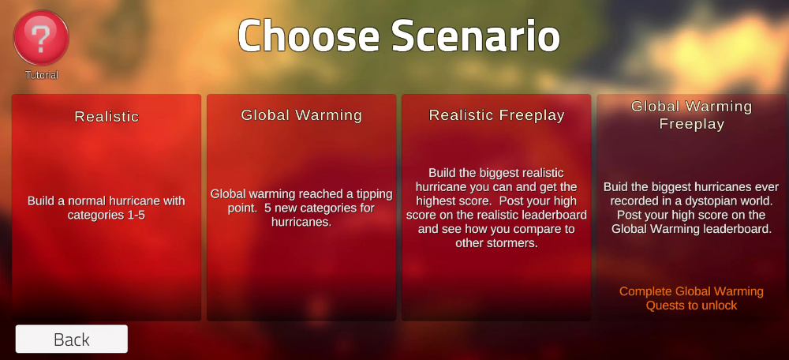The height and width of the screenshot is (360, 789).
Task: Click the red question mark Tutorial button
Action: pos(41,38)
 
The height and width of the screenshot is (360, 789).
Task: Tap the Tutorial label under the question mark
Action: pos(42,76)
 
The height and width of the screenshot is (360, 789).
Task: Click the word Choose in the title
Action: pos(308,36)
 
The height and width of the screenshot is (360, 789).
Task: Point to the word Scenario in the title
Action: pos(476,36)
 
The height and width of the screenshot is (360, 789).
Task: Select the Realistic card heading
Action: pos(107,117)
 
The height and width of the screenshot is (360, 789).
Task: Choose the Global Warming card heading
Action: pos(301,115)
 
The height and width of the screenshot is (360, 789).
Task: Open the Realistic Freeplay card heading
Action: pos(496,115)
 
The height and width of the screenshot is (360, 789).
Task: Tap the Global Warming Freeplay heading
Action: pos(691,115)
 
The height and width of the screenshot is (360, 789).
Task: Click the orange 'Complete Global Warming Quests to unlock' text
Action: pos(691,298)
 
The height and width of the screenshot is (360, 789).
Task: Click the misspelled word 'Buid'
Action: pos(615,187)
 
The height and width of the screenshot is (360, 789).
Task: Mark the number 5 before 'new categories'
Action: pos(267,208)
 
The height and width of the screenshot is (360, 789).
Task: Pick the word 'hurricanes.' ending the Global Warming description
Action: pos(301,222)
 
